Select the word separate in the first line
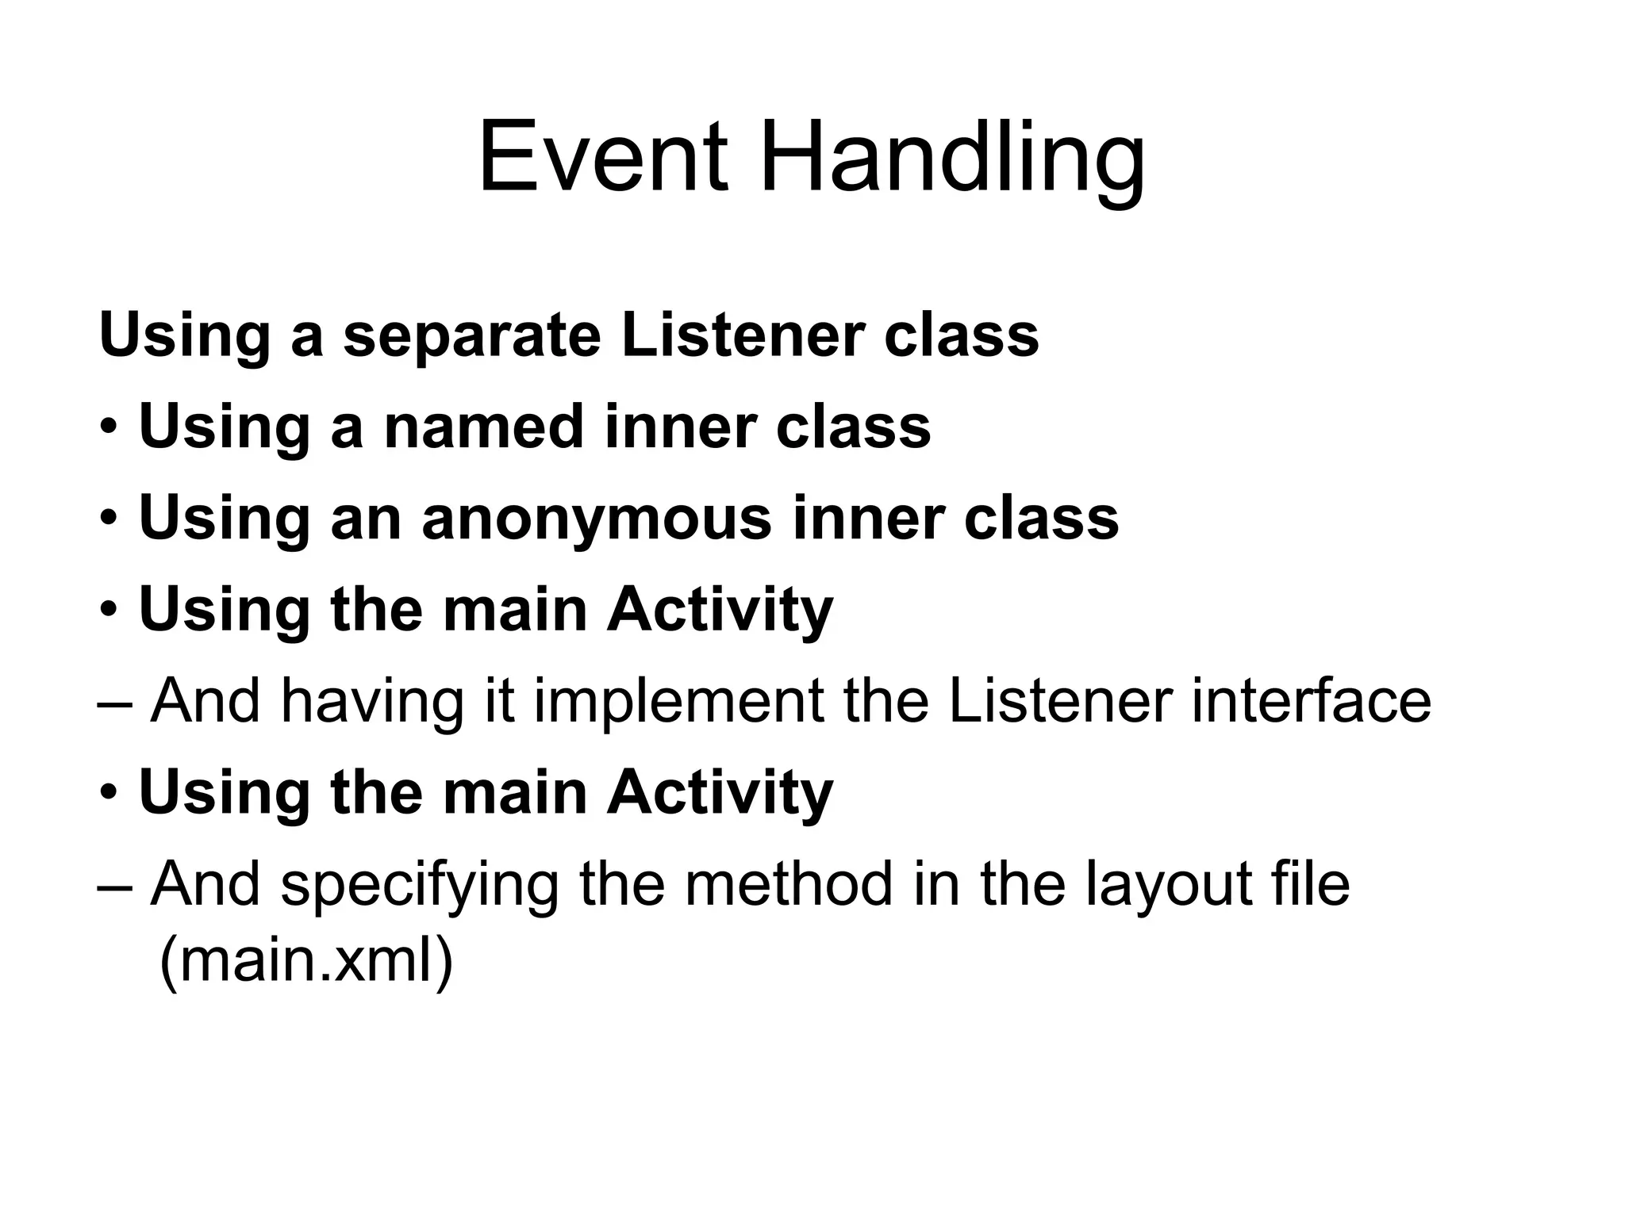point(472,337)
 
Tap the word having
point(371,704)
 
